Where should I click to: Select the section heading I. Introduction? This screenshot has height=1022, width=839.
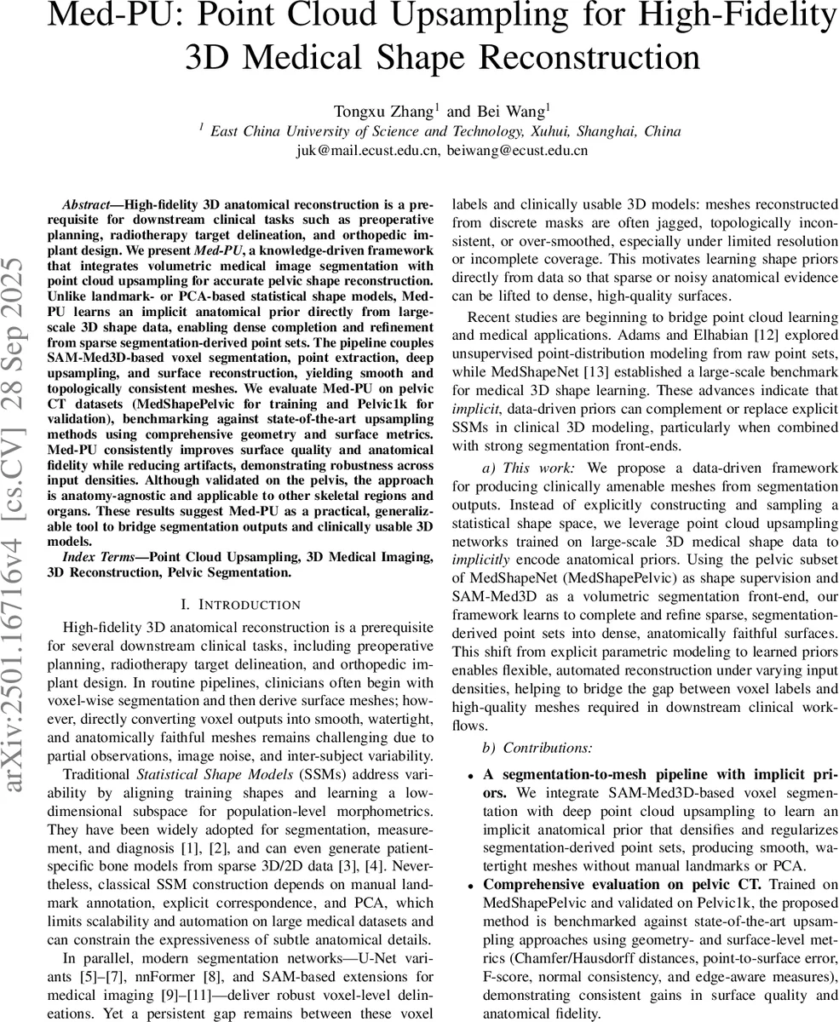pos(241,605)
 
